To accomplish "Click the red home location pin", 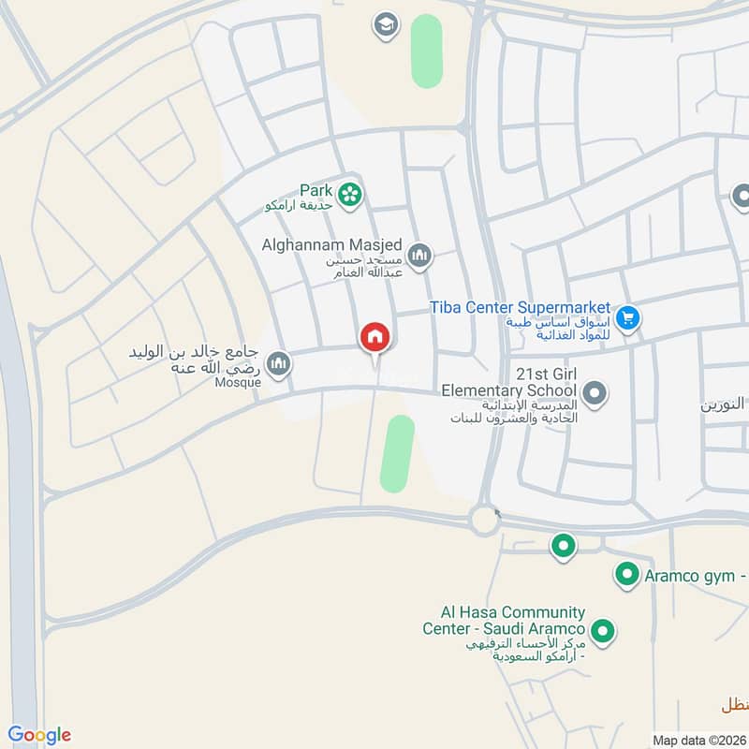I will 374,338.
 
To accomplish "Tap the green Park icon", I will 350,194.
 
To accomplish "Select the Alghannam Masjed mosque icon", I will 420,255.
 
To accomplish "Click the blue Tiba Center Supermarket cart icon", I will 628,318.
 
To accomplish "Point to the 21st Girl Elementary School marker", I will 592,392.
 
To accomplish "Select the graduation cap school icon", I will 385,25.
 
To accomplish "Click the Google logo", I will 39,735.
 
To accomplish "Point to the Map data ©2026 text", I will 698,741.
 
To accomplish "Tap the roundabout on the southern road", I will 484,520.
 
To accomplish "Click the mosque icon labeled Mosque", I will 277,362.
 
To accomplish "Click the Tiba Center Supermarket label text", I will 521,307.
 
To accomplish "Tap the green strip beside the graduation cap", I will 427,51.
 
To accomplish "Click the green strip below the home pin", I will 398,451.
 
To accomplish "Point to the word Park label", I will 316,188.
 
